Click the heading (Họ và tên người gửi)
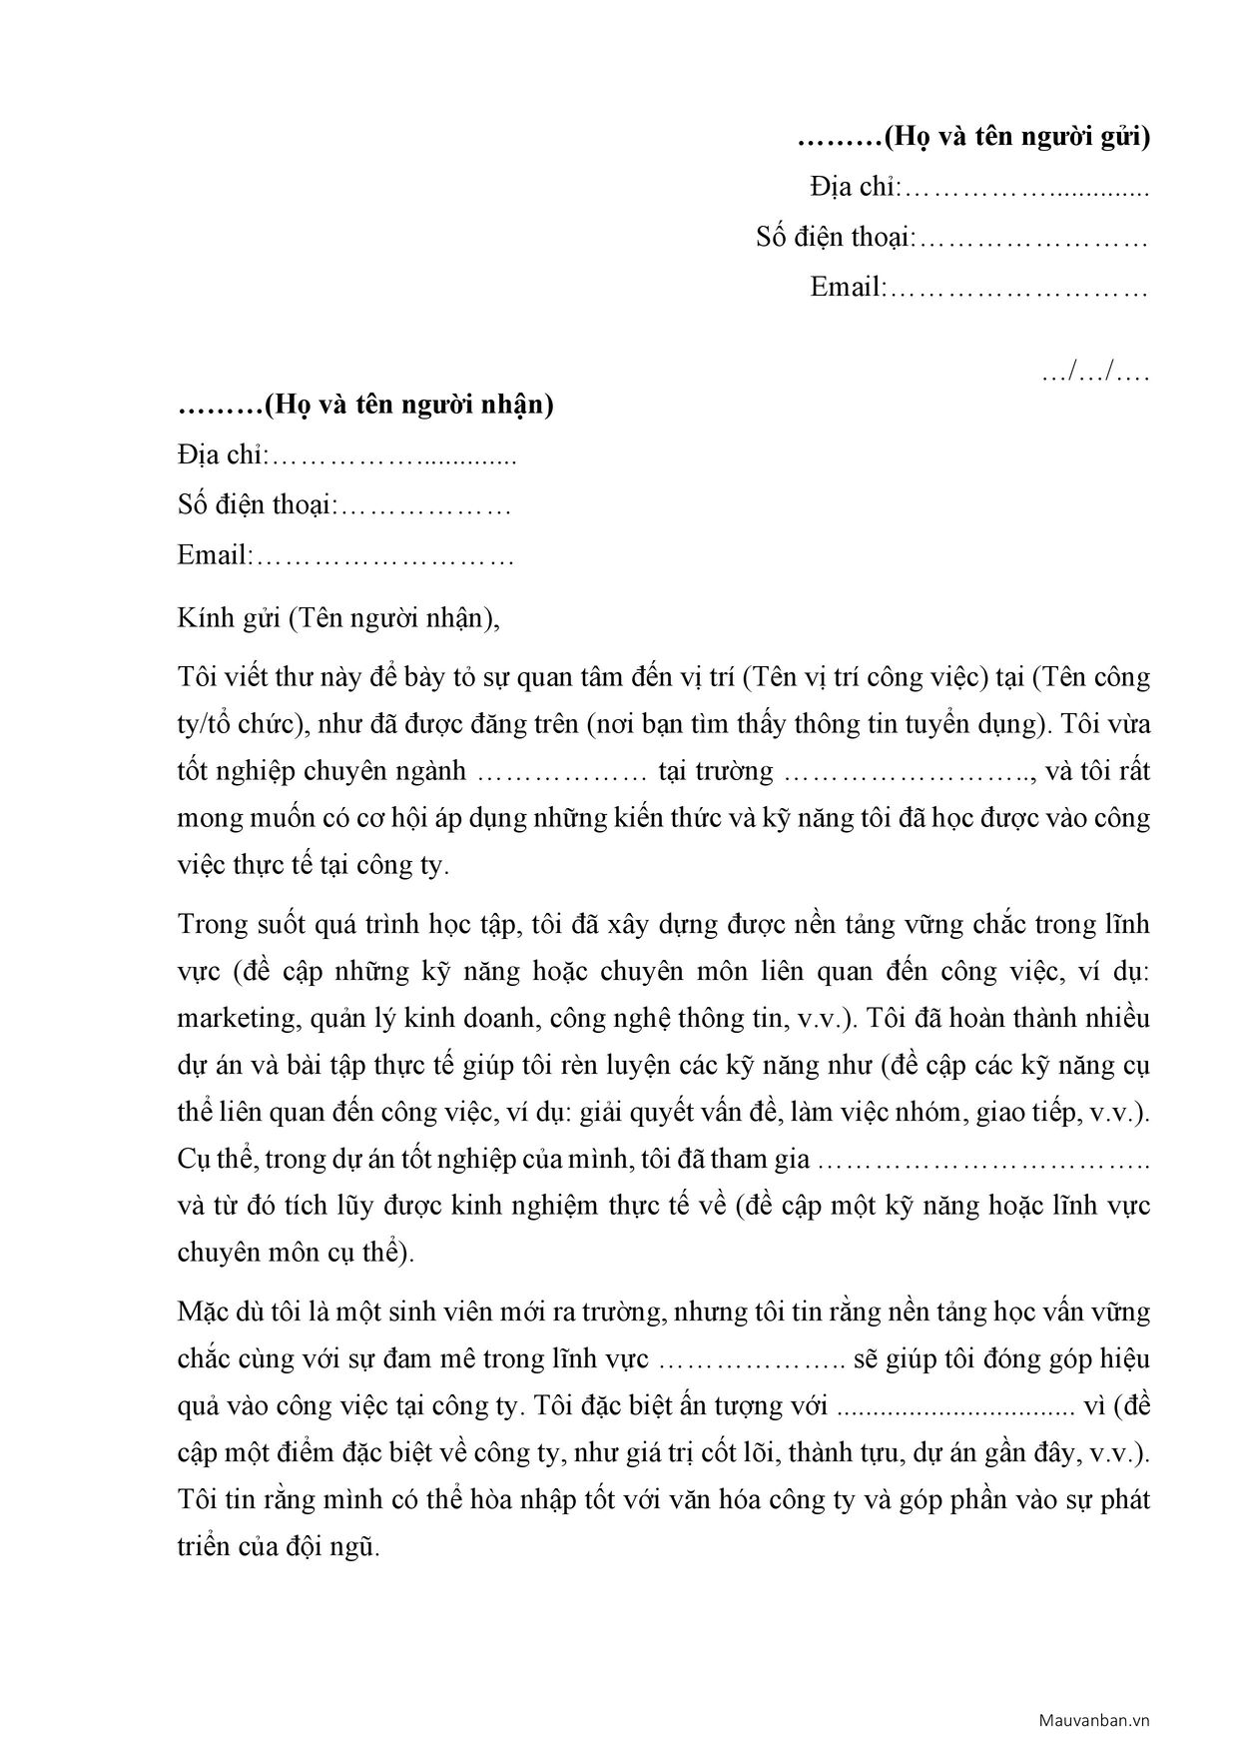(1015, 137)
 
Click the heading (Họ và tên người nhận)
(407, 405)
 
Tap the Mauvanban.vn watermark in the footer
(1094, 1720)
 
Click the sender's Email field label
(847, 288)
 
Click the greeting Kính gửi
(229, 618)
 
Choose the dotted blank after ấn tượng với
(954, 1406)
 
